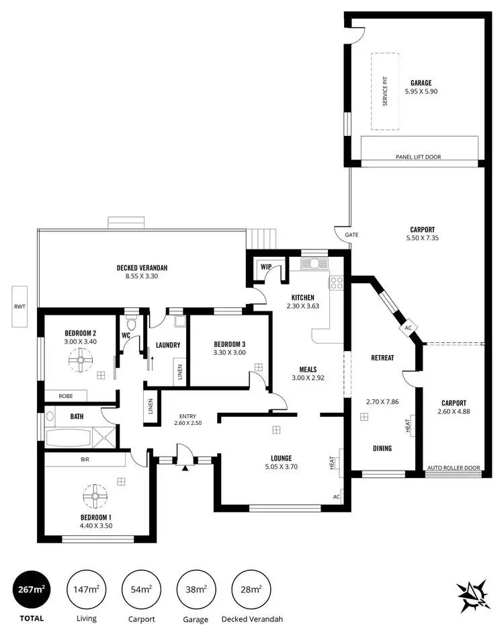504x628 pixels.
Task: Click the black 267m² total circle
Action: (x=32, y=590)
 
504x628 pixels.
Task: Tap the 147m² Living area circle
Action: (x=86, y=590)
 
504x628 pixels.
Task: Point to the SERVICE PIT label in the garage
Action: (x=386, y=92)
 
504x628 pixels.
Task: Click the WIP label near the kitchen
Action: (x=265, y=267)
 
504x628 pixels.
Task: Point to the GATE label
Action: (x=351, y=235)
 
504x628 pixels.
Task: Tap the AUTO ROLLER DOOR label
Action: (x=454, y=468)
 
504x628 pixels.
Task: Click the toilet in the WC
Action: (x=132, y=325)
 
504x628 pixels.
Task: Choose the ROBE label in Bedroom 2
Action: (x=65, y=397)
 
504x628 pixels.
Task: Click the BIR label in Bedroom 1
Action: (x=85, y=461)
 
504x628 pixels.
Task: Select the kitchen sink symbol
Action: (x=314, y=263)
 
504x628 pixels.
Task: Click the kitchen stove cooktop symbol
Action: (x=335, y=283)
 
